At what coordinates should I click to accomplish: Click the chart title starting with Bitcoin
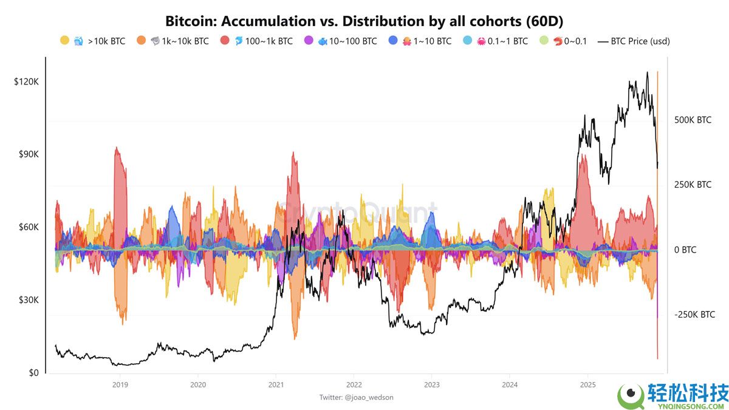point(364,21)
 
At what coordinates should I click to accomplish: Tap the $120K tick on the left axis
point(26,81)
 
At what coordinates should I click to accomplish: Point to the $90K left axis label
point(28,154)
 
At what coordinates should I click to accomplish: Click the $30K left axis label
point(28,300)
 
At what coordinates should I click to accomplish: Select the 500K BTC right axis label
point(693,120)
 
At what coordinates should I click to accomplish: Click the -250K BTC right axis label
point(694,315)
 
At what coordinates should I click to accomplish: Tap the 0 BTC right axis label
point(685,250)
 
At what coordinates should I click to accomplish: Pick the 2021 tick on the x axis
point(276,384)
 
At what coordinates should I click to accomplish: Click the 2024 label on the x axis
point(510,384)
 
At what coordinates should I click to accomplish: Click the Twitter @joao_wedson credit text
point(357,397)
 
